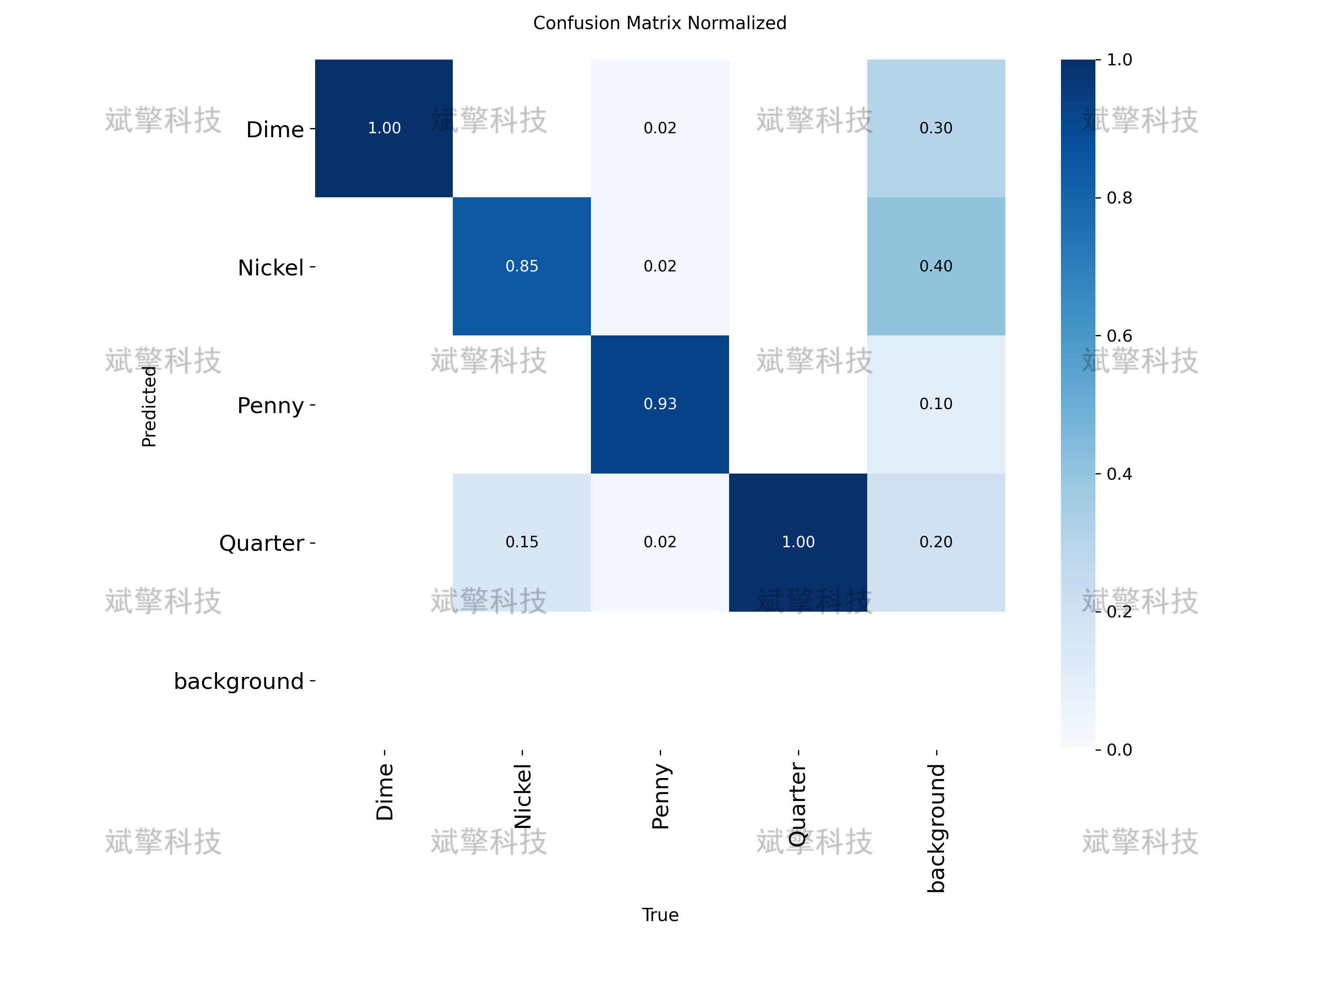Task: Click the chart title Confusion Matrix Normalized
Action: tap(660, 23)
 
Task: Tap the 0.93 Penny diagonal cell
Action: tap(660, 404)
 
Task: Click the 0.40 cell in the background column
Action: tap(936, 267)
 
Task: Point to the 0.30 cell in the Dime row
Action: tap(936, 128)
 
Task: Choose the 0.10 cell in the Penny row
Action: tap(936, 404)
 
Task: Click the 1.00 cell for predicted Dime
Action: tap(384, 128)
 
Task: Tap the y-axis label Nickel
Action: tap(271, 267)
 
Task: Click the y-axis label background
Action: tap(239, 681)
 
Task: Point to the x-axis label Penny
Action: tap(660, 796)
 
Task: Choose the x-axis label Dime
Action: tap(384, 791)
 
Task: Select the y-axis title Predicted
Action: tap(149, 406)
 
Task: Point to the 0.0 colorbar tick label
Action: tap(1119, 749)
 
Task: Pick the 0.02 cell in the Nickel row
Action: tap(660, 267)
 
